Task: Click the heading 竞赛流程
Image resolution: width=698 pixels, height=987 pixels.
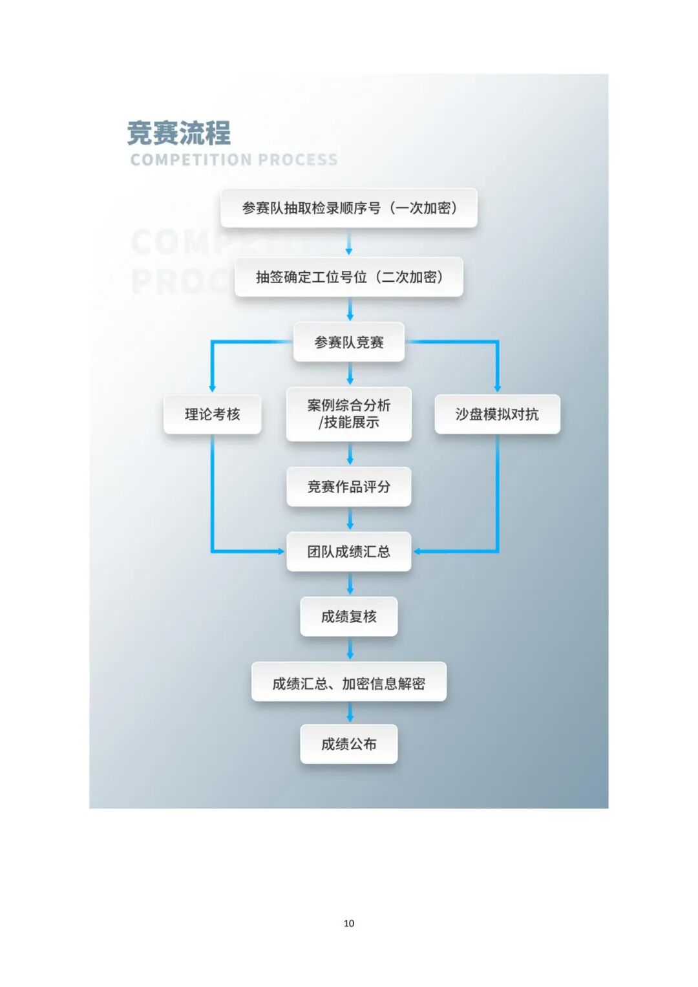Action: [179, 133]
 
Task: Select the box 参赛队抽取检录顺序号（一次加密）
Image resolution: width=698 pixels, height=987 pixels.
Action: [349, 208]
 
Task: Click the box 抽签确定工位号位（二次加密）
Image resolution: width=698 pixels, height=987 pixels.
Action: [349, 277]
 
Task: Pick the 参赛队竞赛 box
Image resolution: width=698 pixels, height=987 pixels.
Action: [349, 342]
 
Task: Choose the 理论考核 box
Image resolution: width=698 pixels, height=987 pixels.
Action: [212, 414]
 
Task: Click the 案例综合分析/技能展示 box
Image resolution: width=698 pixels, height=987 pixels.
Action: [349, 414]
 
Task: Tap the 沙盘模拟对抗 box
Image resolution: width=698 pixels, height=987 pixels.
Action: [497, 414]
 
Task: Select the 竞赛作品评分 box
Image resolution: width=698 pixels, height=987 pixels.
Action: [349, 487]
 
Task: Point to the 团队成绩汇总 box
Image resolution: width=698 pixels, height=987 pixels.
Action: [349, 551]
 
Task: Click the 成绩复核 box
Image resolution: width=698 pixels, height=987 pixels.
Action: [349, 617]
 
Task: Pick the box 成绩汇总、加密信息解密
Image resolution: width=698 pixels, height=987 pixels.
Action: [349, 683]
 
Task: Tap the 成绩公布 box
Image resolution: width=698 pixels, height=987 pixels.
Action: [349, 744]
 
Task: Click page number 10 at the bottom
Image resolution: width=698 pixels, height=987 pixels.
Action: [349, 923]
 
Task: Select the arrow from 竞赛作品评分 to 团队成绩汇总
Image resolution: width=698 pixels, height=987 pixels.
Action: [350, 519]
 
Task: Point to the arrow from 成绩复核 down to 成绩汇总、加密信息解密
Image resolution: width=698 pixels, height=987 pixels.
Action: [350, 648]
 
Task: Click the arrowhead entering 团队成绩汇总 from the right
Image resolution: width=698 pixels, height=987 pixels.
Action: [418, 551]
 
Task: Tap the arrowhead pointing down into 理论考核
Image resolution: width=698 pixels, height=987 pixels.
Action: [212, 387]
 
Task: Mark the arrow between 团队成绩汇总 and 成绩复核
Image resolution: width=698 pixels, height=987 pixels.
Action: [350, 584]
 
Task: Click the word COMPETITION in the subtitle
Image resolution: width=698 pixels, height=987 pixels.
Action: [191, 160]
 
